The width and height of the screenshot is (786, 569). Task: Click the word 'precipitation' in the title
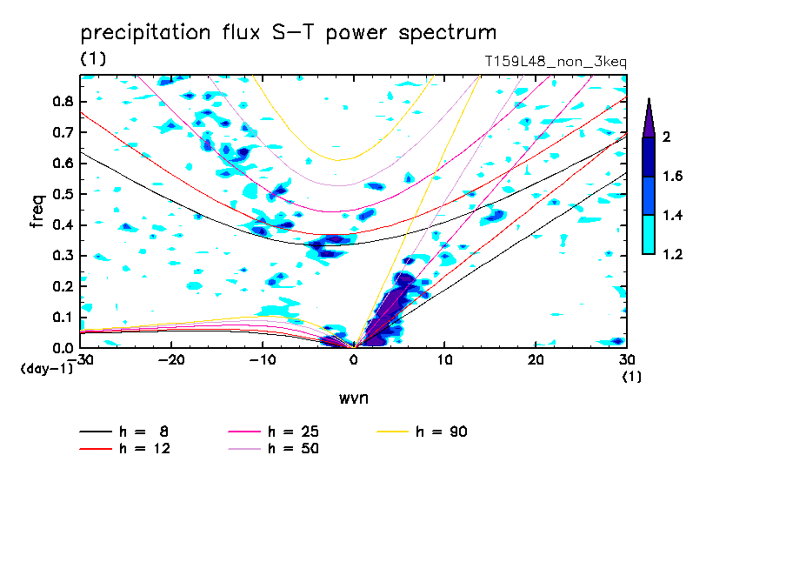145,33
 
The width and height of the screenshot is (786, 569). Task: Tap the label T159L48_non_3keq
556,62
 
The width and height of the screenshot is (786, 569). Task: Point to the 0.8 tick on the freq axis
63,101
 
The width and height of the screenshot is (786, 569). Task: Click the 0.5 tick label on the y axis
63,194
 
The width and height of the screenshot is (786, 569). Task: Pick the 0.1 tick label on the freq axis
63,318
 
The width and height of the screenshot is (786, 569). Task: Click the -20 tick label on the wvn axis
171,360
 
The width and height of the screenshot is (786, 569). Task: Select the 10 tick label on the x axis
444,360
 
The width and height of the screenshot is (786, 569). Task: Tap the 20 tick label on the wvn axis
536,360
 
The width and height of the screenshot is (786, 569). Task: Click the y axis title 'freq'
37,211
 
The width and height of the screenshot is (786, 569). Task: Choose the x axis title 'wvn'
353,398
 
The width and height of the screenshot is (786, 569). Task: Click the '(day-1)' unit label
47,369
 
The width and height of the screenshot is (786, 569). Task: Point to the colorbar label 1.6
672,176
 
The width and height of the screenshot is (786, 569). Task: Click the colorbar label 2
666,137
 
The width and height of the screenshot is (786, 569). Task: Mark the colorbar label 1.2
672,254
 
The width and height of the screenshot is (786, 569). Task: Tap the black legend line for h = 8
96,432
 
